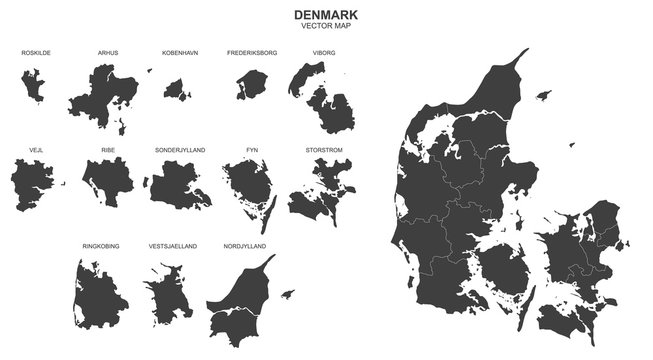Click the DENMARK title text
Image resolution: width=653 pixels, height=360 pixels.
pos(326,15)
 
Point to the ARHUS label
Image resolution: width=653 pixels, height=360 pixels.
pos(108,51)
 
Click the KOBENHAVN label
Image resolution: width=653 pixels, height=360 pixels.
pos(180,51)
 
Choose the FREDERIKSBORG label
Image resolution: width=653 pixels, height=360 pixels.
pos(252,51)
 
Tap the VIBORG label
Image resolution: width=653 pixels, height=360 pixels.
pos(323,51)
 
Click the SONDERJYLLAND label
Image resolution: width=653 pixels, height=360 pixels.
pos(180,149)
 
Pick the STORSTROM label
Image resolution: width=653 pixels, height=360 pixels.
pos(323,149)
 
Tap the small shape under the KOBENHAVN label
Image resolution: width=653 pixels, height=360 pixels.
pos(178,91)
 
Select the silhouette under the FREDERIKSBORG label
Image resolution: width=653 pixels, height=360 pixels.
pos(248,86)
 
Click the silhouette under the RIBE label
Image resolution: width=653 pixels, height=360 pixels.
pos(108,183)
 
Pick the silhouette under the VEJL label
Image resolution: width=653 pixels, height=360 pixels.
pos(32,185)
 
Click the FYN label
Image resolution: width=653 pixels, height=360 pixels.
pos(252,149)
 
